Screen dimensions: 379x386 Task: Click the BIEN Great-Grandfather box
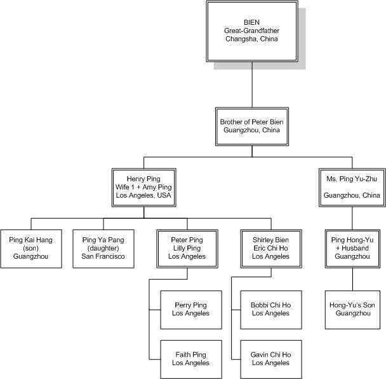coord(251,30)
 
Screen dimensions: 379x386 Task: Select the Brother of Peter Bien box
coord(252,125)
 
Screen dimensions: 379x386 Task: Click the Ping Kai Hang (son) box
coord(30,248)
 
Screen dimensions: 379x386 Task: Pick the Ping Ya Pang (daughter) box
coord(103,248)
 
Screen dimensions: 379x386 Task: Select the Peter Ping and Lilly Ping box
coord(187,248)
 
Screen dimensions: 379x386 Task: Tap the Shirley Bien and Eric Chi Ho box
coord(267,248)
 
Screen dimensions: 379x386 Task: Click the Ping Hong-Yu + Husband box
coord(352,248)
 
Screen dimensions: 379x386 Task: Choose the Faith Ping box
coord(191,358)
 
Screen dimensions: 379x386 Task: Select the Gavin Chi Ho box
coord(267,358)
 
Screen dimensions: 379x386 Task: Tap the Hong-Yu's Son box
coord(352,309)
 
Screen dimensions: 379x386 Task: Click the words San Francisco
coord(103,256)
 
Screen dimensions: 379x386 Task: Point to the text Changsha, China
coord(251,39)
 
